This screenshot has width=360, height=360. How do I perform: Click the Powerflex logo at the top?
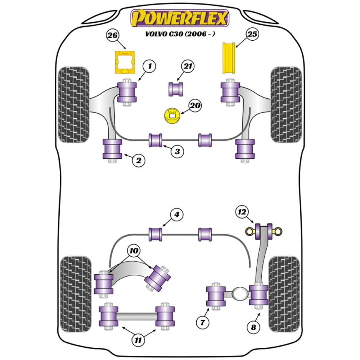tap(180, 18)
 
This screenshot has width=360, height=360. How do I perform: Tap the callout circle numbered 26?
tap(112, 35)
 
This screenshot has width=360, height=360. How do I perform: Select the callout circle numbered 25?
tap(252, 34)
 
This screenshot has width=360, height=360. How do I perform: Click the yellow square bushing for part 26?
tap(125, 62)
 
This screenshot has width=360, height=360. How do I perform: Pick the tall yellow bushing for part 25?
tap(229, 58)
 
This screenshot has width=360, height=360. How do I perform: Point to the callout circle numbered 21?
tap(188, 66)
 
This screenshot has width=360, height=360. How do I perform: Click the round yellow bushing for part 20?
tap(172, 116)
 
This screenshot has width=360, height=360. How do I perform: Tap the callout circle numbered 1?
tap(150, 66)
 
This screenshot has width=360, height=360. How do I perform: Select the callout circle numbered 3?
tap(177, 152)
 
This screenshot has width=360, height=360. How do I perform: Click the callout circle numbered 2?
tap(139, 160)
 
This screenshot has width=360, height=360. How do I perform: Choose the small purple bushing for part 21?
tap(176, 89)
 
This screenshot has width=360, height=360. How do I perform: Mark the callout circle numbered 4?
tap(176, 215)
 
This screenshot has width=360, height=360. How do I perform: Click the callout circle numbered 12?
tap(242, 212)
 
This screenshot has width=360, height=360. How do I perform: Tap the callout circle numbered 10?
tap(134, 251)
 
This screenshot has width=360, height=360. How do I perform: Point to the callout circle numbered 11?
tap(138, 340)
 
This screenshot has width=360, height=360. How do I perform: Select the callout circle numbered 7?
tap(202, 322)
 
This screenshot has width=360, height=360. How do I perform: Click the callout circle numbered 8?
tap(253, 327)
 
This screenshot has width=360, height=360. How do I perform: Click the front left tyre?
tap(74, 105)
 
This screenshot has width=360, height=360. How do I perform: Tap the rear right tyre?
tap(284, 294)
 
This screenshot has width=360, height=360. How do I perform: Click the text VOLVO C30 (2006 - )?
tap(180, 34)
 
